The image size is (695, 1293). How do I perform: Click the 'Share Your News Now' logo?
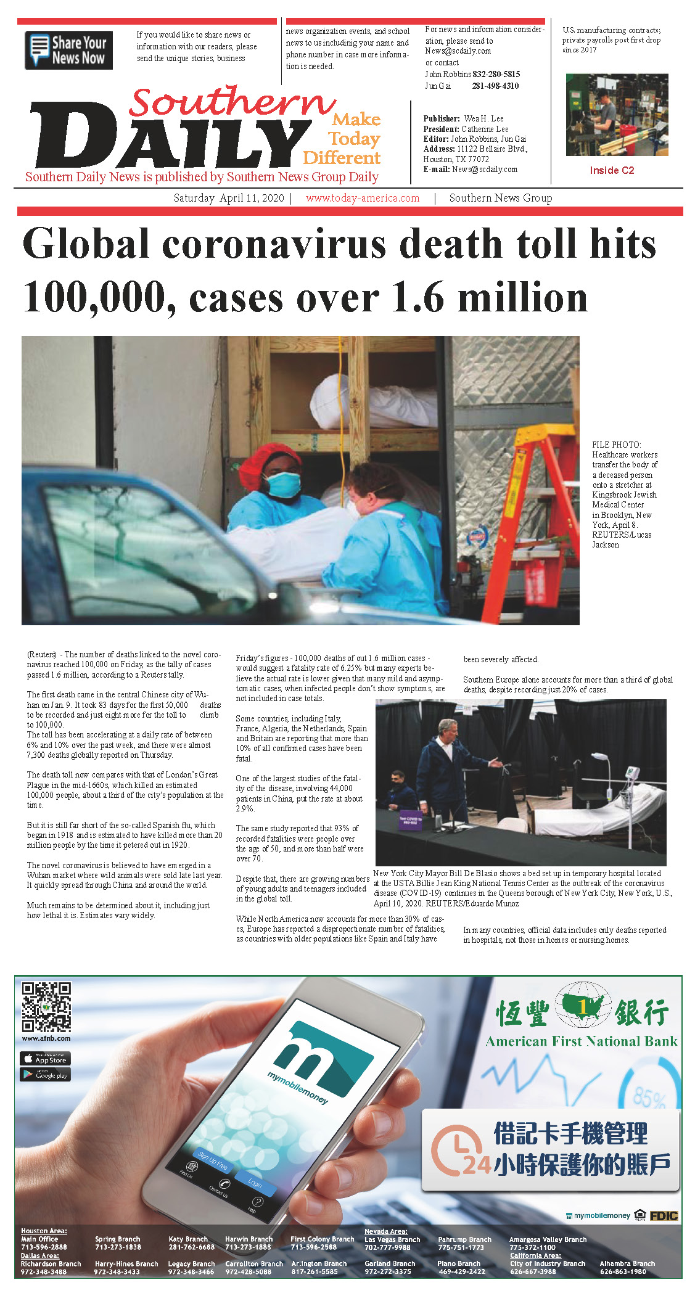click(68, 50)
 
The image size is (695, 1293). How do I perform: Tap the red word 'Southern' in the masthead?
click(231, 101)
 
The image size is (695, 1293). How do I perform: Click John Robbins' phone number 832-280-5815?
click(496, 74)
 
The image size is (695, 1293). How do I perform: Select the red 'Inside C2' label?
click(612, 170)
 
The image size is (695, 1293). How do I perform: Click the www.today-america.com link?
click(363, 198)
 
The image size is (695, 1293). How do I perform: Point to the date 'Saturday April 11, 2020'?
click(229, 198)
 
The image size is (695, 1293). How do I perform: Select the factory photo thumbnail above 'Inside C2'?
click(617, 115)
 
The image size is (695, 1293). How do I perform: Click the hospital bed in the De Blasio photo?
click(592, 814)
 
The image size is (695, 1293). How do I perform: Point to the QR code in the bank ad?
click(46, 1006)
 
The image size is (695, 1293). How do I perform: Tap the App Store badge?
click(46, 1058)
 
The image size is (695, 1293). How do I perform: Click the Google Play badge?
click(46, 1074)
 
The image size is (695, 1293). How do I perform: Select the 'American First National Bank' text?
click(581, 1041)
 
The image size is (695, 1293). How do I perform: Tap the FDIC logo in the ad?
click(664, 1215)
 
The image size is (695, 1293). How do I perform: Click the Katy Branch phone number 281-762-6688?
click(191, 1247)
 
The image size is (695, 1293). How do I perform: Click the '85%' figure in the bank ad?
click(649, 1098)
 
